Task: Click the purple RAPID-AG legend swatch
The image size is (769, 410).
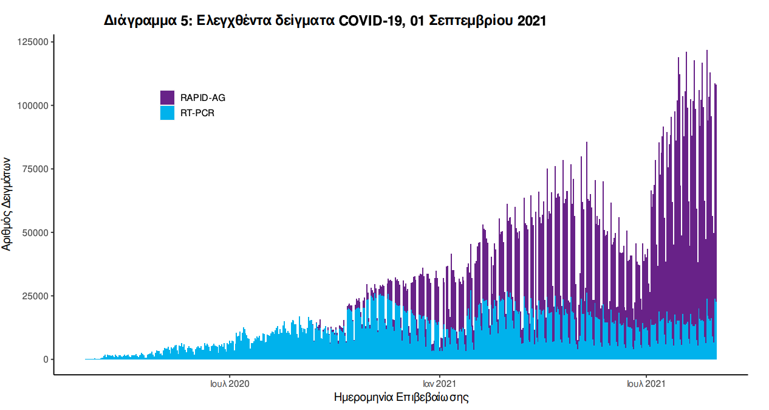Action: (x=167, y=97)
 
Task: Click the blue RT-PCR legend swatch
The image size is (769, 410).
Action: (x=167, y=113)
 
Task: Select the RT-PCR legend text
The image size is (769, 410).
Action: (x=197, y=113)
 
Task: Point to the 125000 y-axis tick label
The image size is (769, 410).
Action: (x=32, y=42)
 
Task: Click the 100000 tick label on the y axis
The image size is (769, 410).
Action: (x=32, y=105)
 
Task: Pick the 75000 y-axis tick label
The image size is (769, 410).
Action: (x=34, y=169)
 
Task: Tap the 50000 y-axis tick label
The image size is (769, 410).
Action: (x=34, y=232)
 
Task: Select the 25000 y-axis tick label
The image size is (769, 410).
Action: (x=34, y=296)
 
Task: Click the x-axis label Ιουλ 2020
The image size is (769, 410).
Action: (x=229, y=384)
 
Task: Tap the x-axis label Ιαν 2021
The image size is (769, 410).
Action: (x=439, y=384)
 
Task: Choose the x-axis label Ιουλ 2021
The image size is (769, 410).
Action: (x=646, y=384)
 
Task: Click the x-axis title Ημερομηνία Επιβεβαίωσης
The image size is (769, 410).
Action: (x=401, y=398)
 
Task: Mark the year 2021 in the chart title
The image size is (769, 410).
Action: (x=531, y=21)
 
